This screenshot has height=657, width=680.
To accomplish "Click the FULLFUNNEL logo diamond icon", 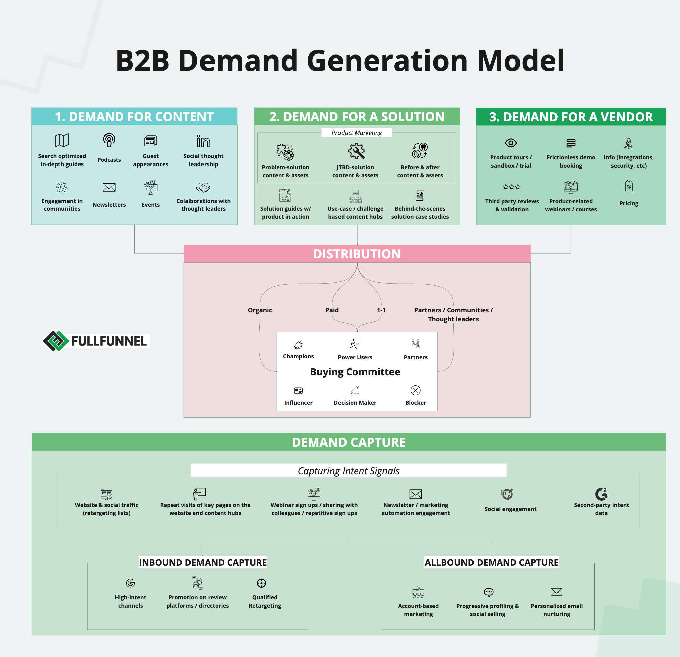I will pos(55,341).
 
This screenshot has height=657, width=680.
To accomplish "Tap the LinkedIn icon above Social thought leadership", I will pos(203,141).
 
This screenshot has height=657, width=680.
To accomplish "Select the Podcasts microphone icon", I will pos(109,140).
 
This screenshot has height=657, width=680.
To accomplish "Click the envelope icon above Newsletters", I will pos(109,188).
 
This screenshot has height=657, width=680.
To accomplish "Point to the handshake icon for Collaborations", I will pos(203,188).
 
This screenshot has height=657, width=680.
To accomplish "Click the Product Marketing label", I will pos(357,133).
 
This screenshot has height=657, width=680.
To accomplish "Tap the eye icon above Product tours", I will pos(511,143).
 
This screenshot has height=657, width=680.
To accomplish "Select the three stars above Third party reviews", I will pos(512,187).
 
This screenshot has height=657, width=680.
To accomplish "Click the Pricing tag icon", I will pos(628,186).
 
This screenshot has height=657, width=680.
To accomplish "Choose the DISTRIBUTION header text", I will pos(357,254).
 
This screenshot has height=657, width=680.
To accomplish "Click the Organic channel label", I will pos(260,310).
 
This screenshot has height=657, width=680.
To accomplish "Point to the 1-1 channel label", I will pos(381,310).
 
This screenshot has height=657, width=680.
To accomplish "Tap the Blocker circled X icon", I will pos(415,390).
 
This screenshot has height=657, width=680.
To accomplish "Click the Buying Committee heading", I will pos(355,372).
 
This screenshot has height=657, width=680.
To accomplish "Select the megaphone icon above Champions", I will pos(298,345).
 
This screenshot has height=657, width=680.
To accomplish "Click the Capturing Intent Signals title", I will pos(348,471).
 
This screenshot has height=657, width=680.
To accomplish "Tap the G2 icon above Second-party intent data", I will pos(601,494).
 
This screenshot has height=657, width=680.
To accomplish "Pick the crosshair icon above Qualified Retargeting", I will pos(261,583).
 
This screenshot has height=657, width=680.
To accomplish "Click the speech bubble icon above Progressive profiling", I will pos(488,592).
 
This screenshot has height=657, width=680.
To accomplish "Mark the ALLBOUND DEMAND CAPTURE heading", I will pos(492,563).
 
